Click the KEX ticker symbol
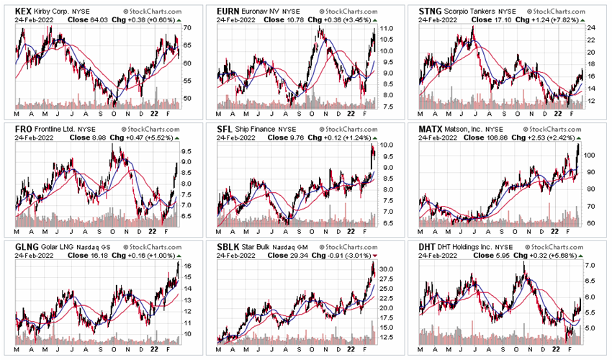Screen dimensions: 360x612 24,12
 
